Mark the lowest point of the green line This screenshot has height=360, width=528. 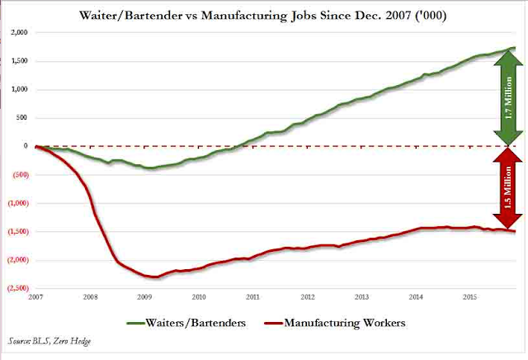[x=148, y=168]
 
